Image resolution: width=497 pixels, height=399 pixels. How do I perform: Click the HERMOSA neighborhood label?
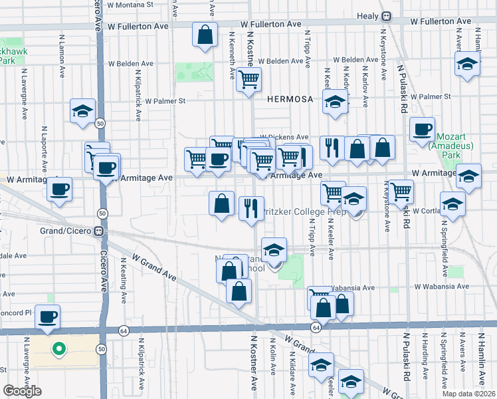pos(289,98)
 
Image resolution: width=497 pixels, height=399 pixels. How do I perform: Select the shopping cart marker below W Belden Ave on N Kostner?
pos(248,80)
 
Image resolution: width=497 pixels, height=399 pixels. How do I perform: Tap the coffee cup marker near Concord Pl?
pos(47,317)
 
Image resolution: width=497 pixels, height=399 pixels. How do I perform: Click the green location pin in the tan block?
pos(58,348)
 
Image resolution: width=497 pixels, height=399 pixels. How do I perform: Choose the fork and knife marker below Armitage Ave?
pos(251,208)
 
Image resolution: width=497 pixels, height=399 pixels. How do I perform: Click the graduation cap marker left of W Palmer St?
pos(82,111)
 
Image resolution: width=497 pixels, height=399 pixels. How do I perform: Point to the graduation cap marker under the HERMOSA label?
pos(335,103)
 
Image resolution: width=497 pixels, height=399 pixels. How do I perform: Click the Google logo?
pos(22,392)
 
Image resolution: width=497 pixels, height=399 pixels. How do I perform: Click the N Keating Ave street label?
pos(124,284)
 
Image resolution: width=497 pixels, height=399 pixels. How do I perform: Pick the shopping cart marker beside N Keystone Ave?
pos(401,192)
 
